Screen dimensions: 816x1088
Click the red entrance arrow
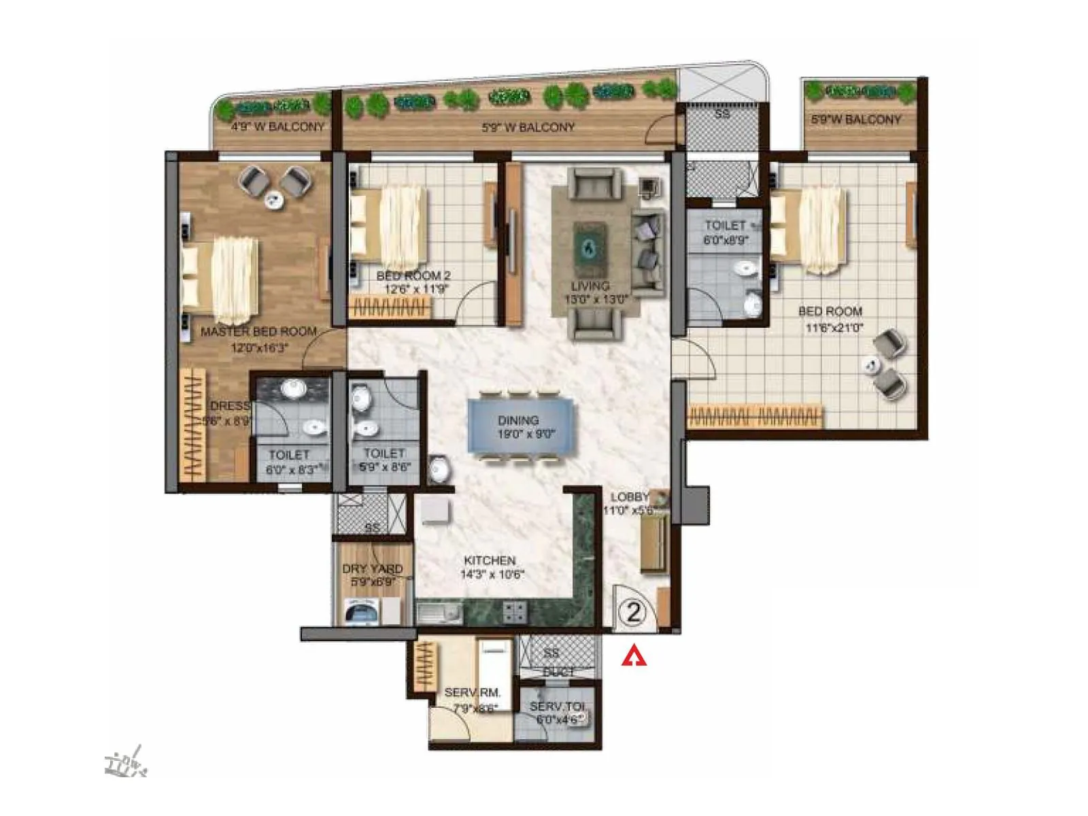click(x=634, y=656)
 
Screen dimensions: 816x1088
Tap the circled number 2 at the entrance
click(x=633, y=613)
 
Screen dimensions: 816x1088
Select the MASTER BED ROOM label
click(x=258, y=332)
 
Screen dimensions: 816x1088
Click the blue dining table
click(x=521, y=426)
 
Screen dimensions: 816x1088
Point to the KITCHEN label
click(x=490, y=560)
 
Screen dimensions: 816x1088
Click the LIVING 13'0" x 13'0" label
click(x=590, y=292)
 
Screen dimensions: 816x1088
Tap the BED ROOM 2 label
click(x=413, y=276)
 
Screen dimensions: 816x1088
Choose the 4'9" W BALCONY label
click(x=277, y=126)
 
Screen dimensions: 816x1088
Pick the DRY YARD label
click(x=372, y=568)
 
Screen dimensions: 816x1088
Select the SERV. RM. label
click(x=472, y=692)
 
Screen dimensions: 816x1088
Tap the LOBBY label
click(x=629, y=497)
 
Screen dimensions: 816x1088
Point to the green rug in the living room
click(x=589, y=248)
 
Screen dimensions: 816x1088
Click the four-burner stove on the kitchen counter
click(x=514, y=612)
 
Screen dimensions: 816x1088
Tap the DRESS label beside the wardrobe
click(x=230, y=406)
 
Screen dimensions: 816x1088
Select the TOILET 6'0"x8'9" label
click(x=725, y=232)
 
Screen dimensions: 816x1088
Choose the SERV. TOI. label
click(x=557, y=707)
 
